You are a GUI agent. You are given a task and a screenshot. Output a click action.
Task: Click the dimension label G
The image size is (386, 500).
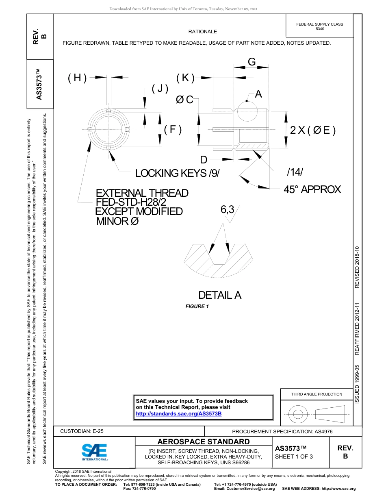(x=252, y=62)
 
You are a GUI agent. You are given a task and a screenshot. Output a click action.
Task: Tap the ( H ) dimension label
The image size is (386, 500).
(x=77, y=78)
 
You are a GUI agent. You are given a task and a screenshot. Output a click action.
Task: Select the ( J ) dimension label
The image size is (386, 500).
(x=160, y=89)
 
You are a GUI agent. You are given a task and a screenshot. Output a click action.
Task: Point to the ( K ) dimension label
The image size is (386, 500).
(x=185, y=78)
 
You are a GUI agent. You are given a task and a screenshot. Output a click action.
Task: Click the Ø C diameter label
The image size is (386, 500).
(x=184, y=100)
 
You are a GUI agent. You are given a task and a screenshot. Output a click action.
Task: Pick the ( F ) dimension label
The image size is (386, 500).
(x=173, y=130)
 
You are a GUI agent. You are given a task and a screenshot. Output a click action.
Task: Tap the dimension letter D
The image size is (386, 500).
(x=204, y=159)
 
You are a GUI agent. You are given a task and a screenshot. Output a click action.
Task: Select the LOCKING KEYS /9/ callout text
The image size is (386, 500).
(x=177, y=174)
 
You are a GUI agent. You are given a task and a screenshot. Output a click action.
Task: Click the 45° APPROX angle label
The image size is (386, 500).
(x=312, y=189)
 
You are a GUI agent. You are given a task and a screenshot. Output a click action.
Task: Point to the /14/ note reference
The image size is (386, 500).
(x=295, y=172)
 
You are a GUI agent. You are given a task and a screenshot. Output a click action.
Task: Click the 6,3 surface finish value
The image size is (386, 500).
(x=228, y=210)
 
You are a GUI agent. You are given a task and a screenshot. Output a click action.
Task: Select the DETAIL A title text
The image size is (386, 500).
(x=219, y=295)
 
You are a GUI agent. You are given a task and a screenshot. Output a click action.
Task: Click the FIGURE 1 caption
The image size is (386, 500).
(x=197, y=307)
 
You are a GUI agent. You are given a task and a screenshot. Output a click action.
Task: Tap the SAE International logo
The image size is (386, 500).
(x=94, y=452)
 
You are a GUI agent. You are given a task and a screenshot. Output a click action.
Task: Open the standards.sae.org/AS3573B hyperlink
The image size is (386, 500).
(x=178, y=413)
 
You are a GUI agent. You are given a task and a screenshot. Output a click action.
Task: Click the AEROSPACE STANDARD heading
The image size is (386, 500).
(x=204, y=442)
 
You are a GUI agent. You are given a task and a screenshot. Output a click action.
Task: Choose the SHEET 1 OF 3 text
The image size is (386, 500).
(x=294, y=457)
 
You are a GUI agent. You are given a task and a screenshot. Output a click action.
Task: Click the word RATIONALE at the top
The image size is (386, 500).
(x=203, y=32)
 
